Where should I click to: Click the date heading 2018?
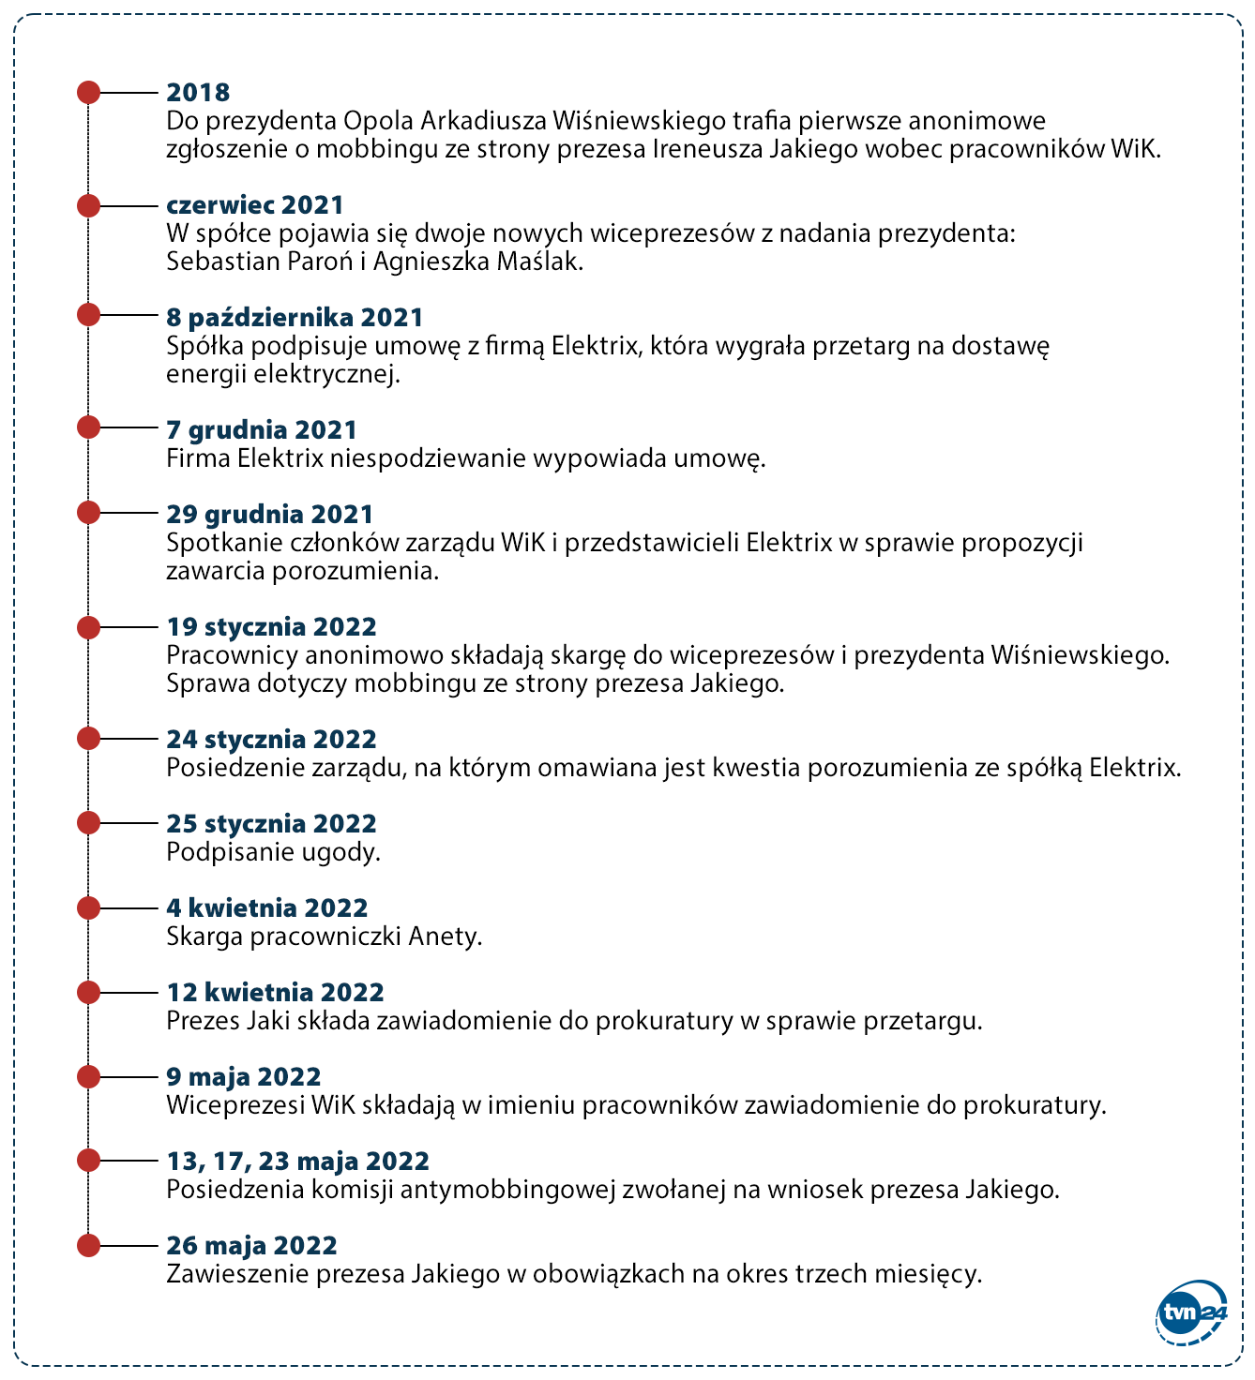pyautogui.click(x=198, y=92)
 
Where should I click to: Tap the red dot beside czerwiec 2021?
pyautogui.click(x=88, y=205)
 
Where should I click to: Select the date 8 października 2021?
pyautogui.click(x=295, y=317)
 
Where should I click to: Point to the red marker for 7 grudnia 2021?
pyautogui.click(x=88, y=428)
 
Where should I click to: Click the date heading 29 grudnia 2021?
pyautogui.click(x=269, y=514)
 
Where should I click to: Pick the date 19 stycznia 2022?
pyautogui.click(x=271, y=626)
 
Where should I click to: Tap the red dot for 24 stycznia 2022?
pyautogui.click(x=88, y=738)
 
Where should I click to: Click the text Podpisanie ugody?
pyautogui.click(x=273, y=852)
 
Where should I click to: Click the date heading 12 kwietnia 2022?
pyautogui.click(x=275, y=992)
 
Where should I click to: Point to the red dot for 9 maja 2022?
pyautogui.click(x=88, y=1076)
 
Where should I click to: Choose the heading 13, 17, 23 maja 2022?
pyautogui.click(x=297, y=1161)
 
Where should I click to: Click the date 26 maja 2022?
pyautogui.click(x=251, y=1245)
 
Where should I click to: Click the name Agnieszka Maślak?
pyautogui.click(x=477, y=262)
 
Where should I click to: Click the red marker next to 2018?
pyautogui.click(x=88, y=92)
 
